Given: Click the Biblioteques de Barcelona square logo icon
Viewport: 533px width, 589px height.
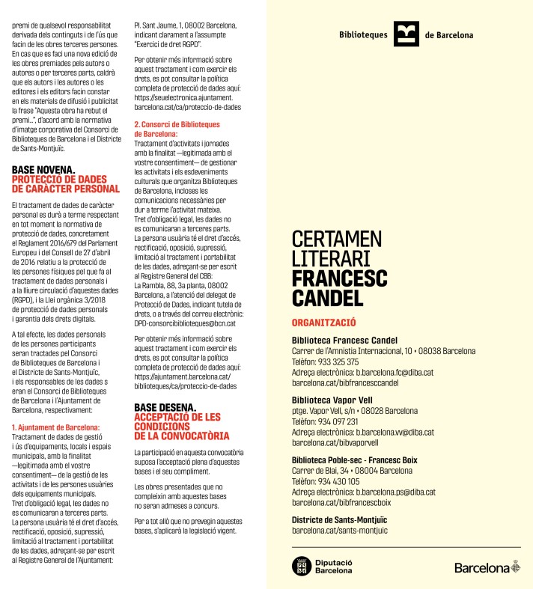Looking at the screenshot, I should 406,34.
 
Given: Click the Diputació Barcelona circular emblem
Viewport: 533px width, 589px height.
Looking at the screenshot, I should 301,566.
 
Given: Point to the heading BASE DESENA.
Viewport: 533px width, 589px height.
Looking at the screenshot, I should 165,408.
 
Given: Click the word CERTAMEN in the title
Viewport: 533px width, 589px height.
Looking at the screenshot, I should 337,239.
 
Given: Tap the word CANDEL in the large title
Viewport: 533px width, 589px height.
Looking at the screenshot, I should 328,298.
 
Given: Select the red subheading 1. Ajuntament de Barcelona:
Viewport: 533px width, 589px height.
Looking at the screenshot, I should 56,428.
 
